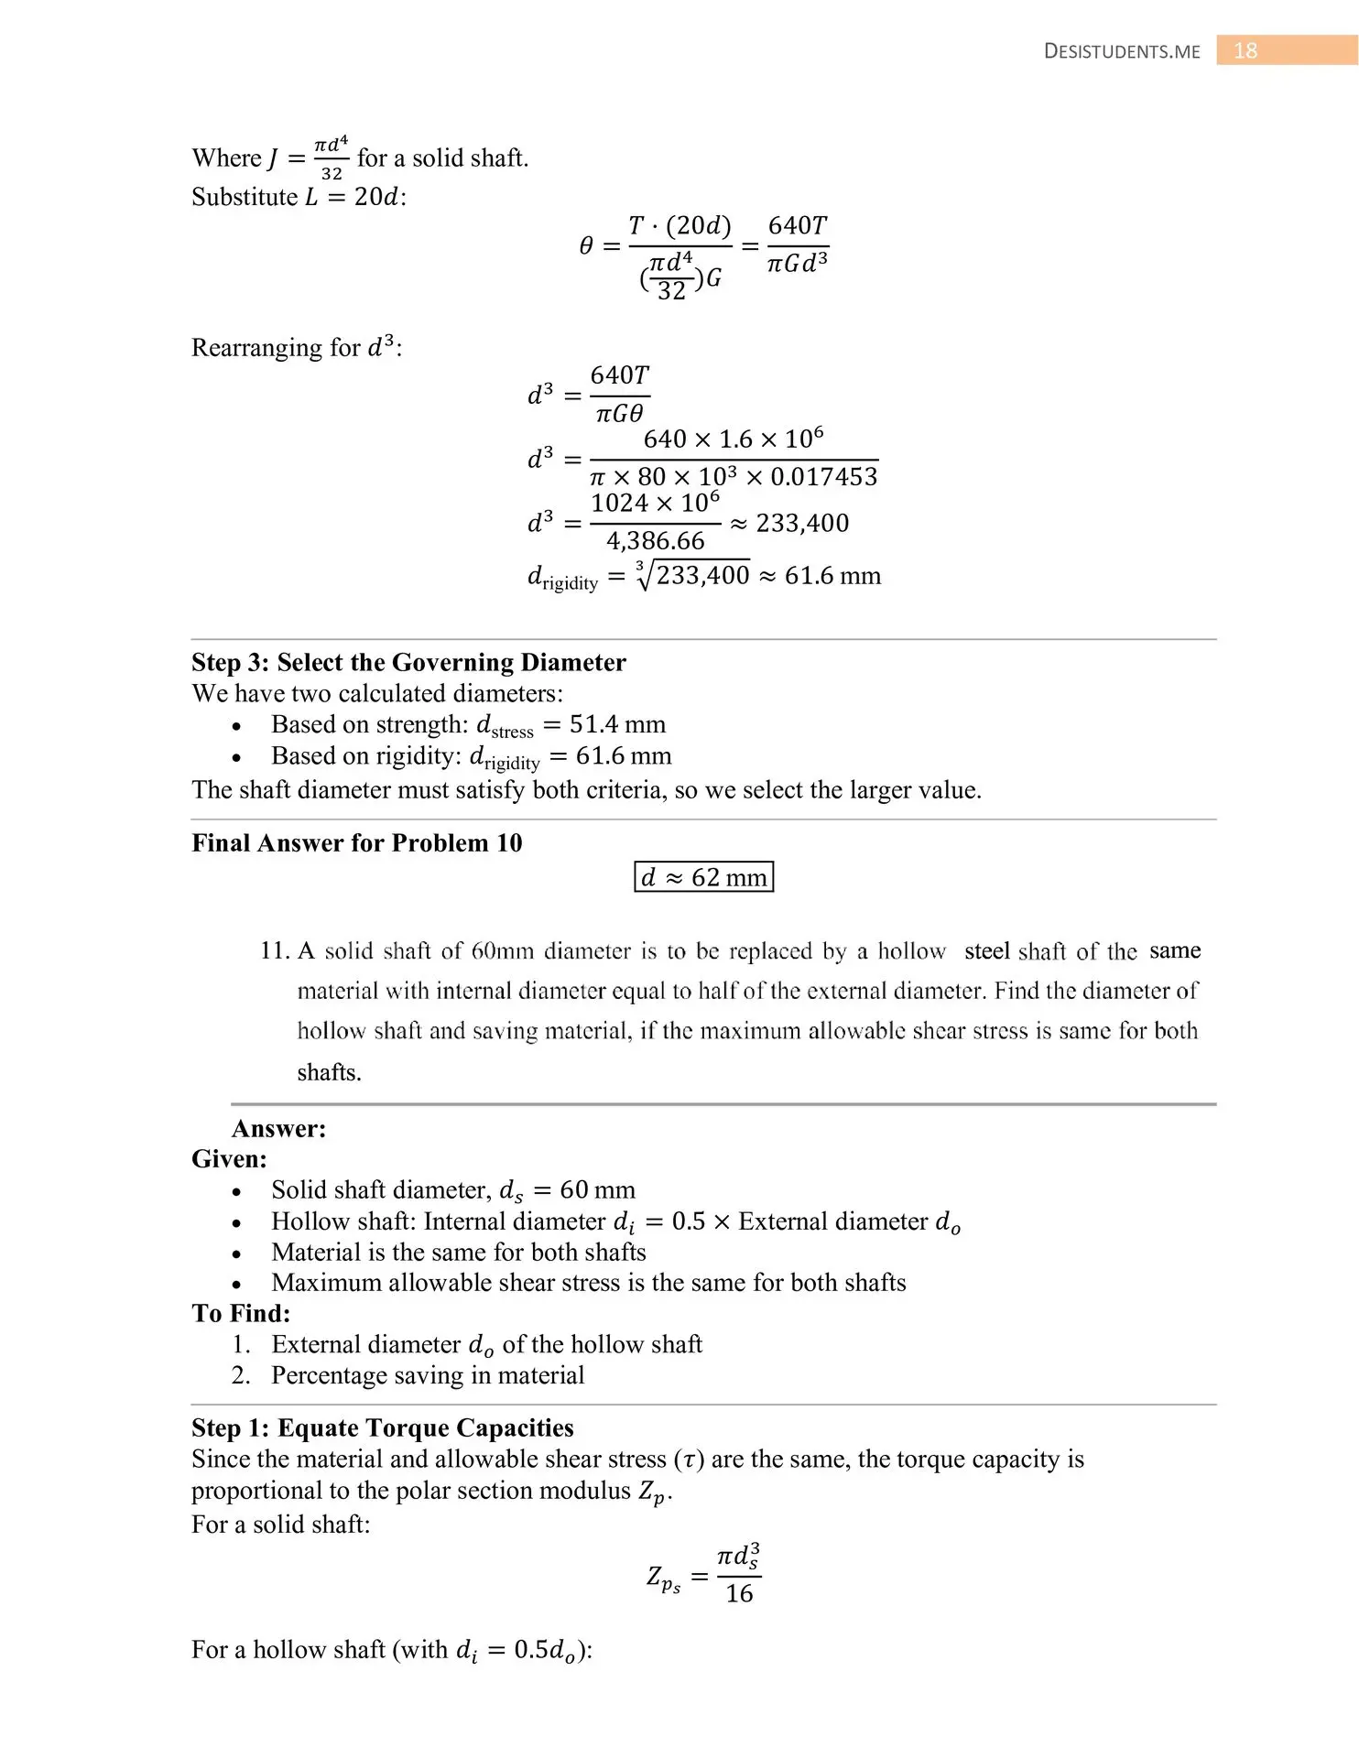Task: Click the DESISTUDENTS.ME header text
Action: (1121, 51)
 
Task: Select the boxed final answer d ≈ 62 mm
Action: (703, 877)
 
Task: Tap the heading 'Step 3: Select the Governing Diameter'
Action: (408, 662)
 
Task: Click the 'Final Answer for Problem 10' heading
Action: (356, 842)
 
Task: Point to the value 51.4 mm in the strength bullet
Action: (617, 724)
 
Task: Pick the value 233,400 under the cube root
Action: (702, 575)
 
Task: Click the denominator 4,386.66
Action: (655, 541)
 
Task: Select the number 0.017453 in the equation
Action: (823, 476)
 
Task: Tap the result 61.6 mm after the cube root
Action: (832, 575)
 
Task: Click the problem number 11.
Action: (274, 950)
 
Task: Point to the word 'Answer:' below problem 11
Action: (278, 1128)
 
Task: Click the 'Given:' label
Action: (229, 1159)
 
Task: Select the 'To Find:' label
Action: (241, 1313)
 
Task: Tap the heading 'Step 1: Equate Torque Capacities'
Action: (382, 1427)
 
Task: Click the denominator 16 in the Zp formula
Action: (739, 1594)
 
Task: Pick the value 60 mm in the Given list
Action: (597, 1189)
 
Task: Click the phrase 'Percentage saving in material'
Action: (428, 1375)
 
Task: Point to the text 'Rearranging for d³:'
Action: (297, 348)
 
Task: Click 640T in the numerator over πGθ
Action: (620, 375)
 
